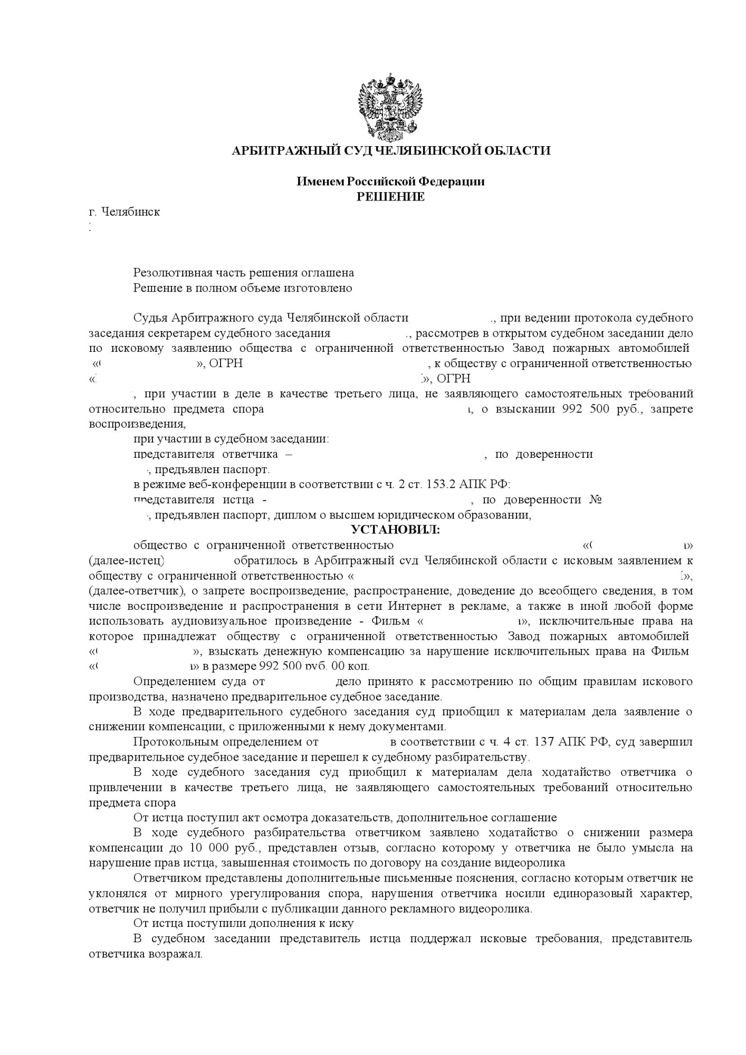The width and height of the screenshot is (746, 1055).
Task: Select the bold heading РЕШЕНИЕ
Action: [390, 197]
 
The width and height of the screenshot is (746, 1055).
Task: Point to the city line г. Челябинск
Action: [125, 212]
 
